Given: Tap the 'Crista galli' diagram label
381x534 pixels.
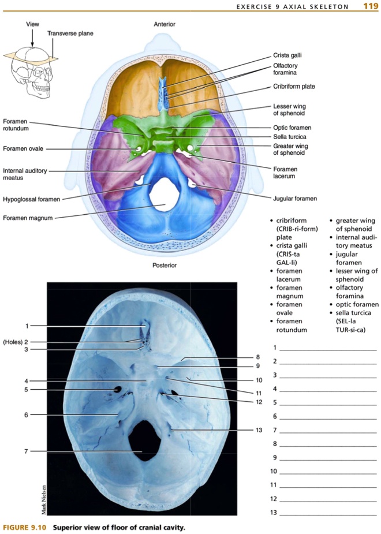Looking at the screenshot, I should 287,55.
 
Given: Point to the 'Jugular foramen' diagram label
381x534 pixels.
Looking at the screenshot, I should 294,198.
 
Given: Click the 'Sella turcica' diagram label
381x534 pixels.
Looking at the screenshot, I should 289,137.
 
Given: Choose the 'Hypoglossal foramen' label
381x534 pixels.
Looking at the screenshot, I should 32,199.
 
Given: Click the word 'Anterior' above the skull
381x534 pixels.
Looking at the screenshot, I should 165,24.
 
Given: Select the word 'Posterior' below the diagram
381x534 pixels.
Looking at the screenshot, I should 165,266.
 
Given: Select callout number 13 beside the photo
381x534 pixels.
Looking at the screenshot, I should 259,430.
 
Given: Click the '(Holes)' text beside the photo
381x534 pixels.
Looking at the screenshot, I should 12,342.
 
